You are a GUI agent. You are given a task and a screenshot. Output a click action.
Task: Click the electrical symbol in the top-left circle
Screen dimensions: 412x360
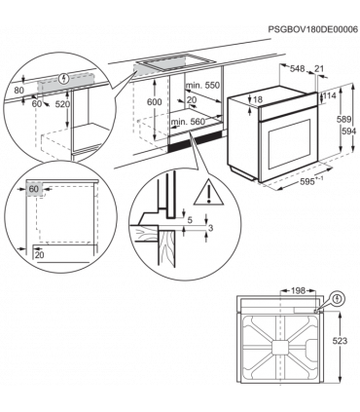[x=65, y=77]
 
